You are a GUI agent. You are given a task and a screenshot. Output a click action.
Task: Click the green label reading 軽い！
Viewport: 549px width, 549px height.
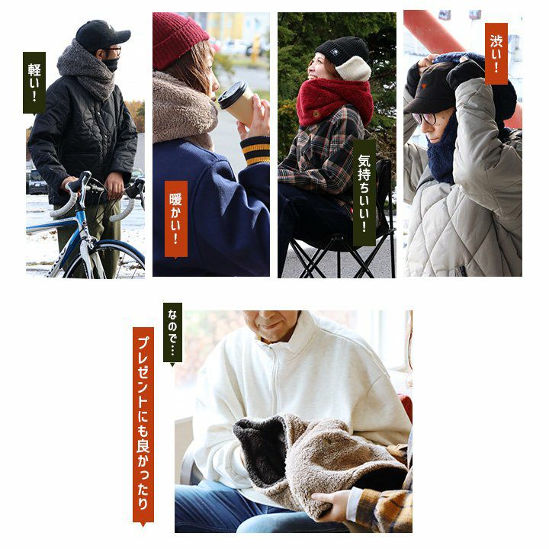34,83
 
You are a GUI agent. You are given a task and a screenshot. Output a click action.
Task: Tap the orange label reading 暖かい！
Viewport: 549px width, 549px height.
176,220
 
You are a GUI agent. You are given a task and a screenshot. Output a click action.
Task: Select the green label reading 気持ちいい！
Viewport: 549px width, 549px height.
364,193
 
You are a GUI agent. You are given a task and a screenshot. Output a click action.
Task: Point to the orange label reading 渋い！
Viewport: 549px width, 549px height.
496,53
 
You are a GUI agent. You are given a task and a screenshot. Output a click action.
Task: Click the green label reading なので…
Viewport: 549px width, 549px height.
172,333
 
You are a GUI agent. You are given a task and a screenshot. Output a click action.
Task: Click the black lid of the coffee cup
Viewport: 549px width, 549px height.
232,94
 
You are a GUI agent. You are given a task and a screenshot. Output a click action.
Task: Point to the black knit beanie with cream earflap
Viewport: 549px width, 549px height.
343,57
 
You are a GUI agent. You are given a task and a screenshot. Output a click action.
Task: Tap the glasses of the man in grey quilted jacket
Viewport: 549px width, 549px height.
425,118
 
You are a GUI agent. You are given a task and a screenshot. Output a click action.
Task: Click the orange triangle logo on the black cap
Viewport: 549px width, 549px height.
425,86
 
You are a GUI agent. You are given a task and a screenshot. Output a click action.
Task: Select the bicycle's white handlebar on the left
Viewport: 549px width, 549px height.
70,196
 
